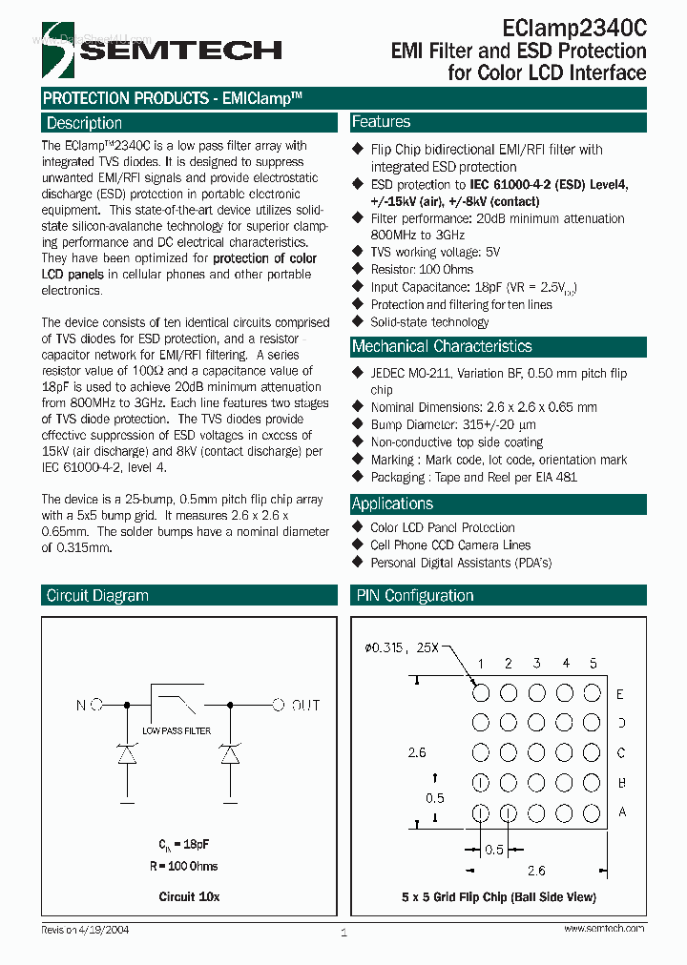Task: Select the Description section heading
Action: pyautogui.click(x=85, y=123)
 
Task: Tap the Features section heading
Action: pyautogui.click(x=382, y=122)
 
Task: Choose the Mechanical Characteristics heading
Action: pyautogui.click(x=442, y=346)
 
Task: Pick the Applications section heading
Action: pyautogui.click(x=392, y=503)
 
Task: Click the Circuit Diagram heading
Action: pyautogui.click(x=97, y=596)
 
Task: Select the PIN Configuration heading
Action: pyautogui.click(x=414, y=596)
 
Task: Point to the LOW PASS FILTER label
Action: pyautogui.click(x=177, y=730)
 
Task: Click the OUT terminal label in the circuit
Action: pyautogui.click(x=305, y=706)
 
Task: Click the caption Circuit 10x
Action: pyautogui.click(x=189, y=897)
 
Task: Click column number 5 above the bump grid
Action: pyautogui.click(x=593, y=664)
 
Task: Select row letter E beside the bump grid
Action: pyautogui.click(x=620, y=694)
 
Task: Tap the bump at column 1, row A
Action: pyautogui.click(x=481, y=812)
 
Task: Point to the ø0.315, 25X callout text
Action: pyautogui.click(x=401, y=648)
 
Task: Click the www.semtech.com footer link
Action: pyautogui.click(x=604, y=928)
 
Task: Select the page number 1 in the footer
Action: pyautogui.click(x=343, y=933)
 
